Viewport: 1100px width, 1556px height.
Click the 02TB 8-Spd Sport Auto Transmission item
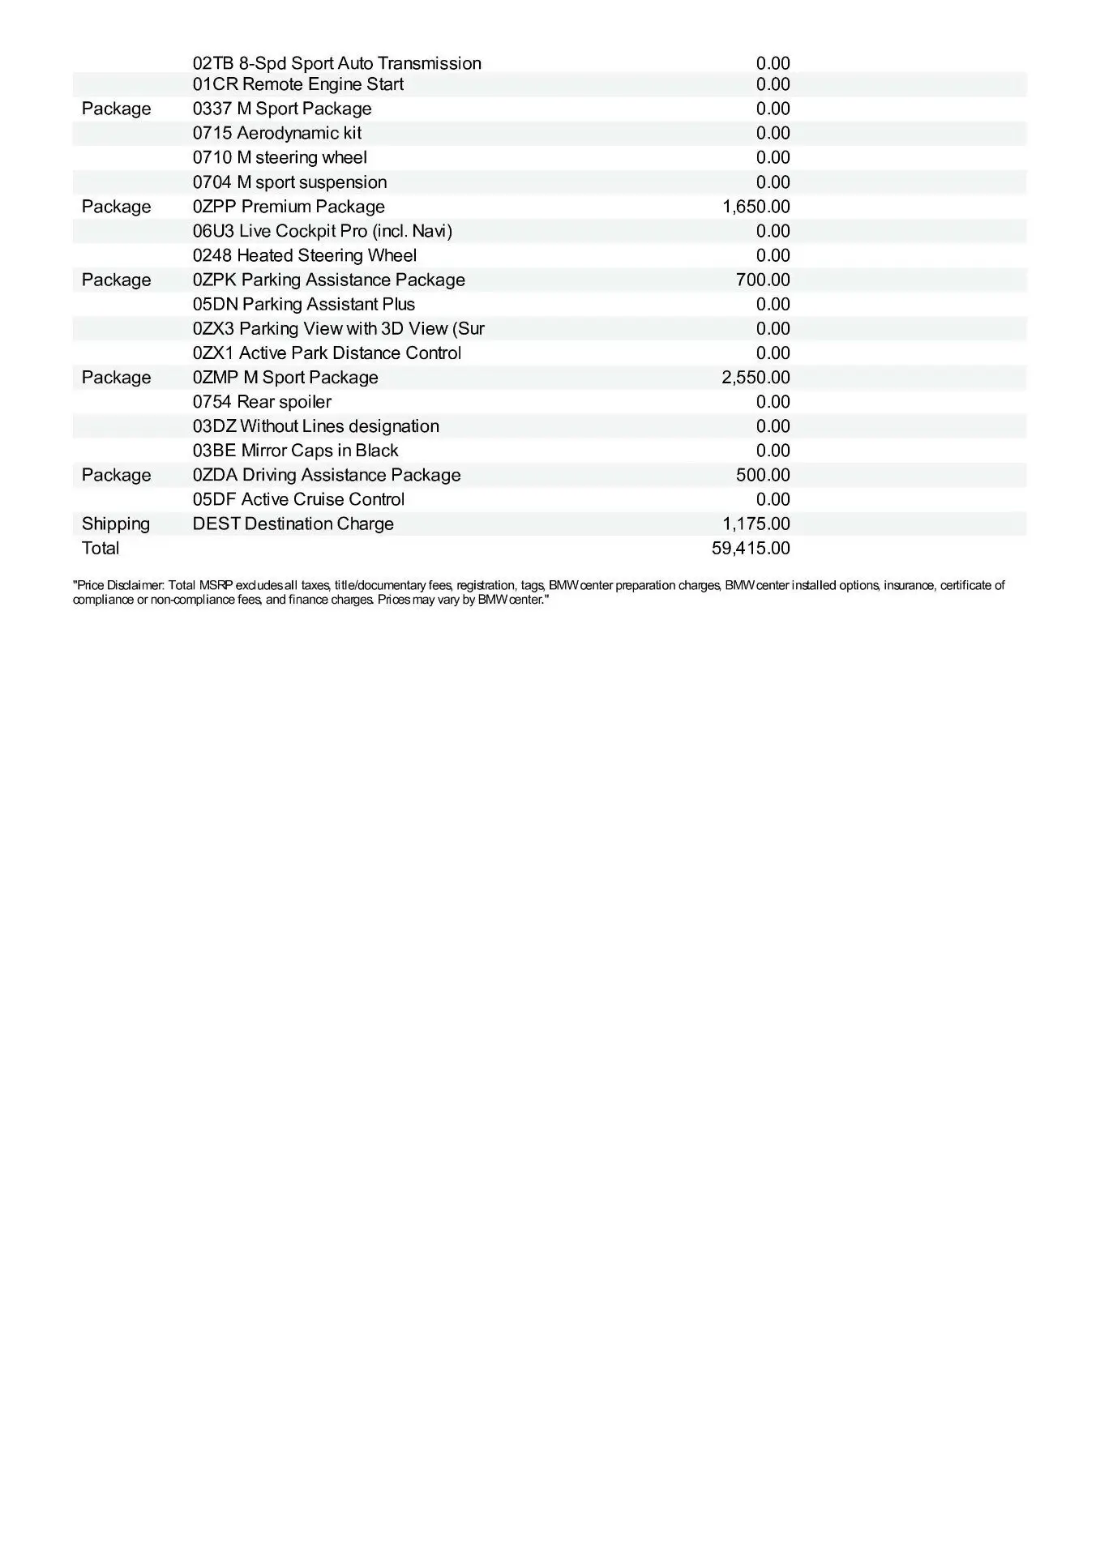336,63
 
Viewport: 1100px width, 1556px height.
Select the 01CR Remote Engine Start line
297,84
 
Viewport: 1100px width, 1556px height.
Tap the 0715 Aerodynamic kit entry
276,133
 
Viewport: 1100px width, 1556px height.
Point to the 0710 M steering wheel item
280,157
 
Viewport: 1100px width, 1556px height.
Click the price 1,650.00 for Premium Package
755,207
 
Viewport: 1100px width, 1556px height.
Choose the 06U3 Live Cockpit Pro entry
322,231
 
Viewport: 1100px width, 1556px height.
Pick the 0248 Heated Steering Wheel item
304,255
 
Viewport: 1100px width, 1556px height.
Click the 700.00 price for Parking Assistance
763,280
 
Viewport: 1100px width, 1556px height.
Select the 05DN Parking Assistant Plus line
303,304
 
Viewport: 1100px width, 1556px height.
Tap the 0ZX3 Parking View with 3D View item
338,328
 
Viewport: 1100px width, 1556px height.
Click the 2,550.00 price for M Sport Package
755,378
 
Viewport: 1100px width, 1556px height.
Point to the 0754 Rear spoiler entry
262,402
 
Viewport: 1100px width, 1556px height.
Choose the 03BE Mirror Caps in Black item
295,451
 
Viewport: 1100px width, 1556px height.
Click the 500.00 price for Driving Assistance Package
763,475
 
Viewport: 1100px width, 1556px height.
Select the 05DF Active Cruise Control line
298,499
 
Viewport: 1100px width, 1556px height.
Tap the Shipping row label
116,524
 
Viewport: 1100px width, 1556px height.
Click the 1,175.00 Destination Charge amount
755,524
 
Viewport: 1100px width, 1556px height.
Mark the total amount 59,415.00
751,548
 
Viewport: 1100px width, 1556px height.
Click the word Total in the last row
101,548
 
